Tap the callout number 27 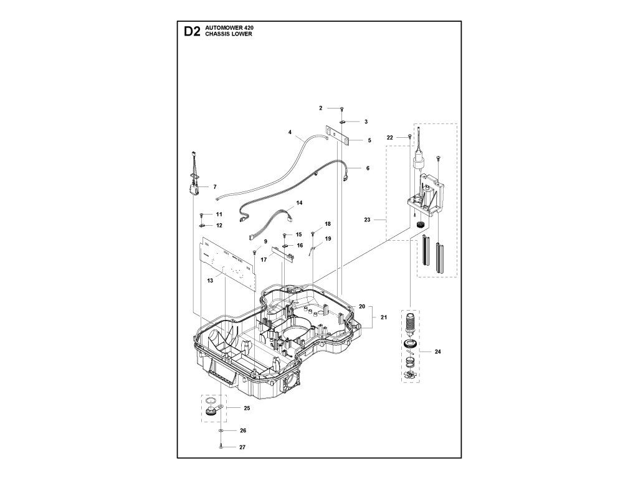242,447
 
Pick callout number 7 214,186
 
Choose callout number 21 384,317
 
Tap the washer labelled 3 344,121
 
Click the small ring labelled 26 221,431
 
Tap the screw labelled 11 202,215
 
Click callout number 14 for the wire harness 299,203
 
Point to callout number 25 247,408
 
